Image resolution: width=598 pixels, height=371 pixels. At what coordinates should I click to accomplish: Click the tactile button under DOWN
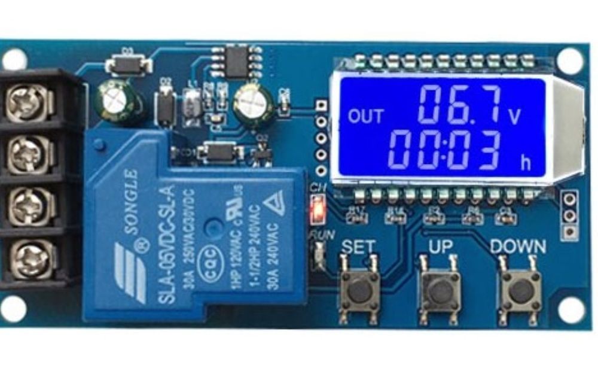coord(520,291)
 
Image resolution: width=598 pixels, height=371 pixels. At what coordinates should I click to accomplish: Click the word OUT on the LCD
coord(366,116)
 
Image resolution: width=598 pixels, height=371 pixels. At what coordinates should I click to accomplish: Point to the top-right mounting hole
coord(569,60)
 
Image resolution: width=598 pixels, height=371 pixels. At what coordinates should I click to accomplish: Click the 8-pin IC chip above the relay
coord(237,61)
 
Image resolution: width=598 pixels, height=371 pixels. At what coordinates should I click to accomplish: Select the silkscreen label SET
coord(358,246)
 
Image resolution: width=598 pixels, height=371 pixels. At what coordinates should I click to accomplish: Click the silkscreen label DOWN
coord(518,246)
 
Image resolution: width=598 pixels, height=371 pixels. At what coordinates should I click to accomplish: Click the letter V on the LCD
coord(515,116)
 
